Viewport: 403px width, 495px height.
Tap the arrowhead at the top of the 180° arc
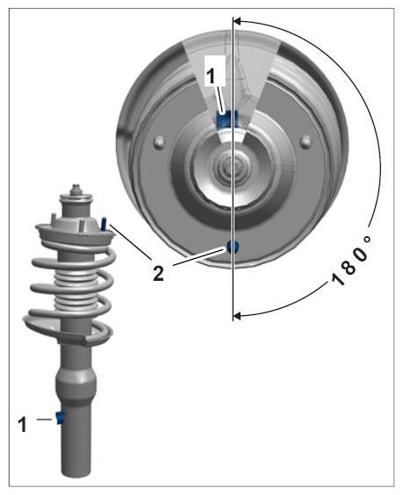tap(237, 21)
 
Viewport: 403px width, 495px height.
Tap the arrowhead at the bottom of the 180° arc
tap(237, 315)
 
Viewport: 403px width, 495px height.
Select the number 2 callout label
tap(158, 273)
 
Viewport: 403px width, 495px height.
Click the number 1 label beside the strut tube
tap(22, 424)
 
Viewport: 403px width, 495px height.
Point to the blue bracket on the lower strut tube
tap(60, 418)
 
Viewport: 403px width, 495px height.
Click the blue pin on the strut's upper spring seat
tap(104, 224)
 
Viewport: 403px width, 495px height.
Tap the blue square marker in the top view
tap(227, 119)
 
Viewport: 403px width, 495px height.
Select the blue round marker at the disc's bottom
tap(232, 247)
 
